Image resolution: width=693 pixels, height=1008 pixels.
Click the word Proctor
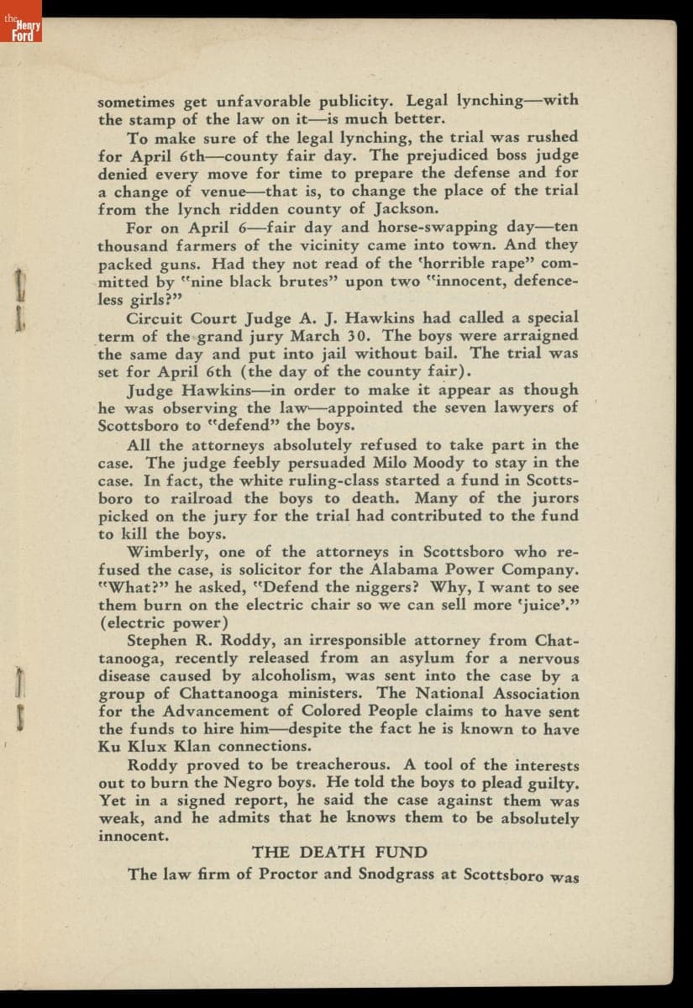point(287,874)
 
